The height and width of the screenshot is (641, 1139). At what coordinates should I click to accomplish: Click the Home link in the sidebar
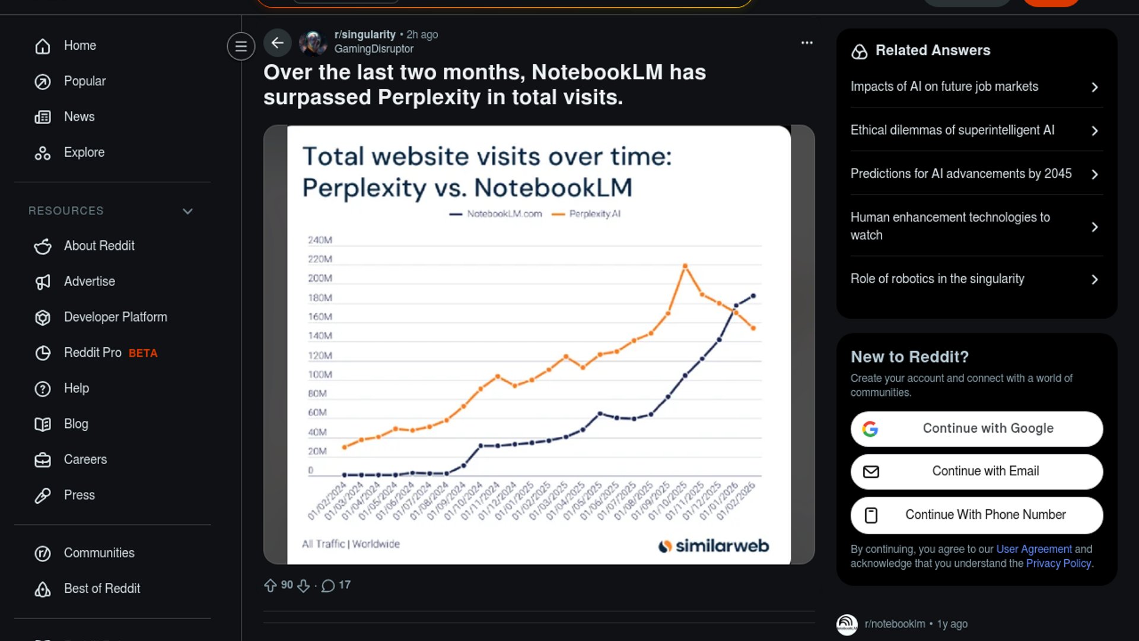79,46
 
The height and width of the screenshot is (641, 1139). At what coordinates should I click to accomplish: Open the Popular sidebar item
84,81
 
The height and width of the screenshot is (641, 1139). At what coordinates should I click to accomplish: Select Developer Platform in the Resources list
115,317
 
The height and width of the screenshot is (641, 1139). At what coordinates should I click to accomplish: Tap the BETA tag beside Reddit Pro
143,353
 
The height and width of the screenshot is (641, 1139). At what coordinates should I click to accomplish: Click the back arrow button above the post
277,43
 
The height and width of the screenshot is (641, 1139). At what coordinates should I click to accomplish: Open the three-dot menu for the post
807,43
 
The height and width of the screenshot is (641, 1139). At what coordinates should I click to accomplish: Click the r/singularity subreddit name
364,34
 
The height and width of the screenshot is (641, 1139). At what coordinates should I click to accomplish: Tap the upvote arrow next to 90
271,585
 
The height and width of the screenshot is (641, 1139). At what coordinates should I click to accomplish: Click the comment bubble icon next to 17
327,586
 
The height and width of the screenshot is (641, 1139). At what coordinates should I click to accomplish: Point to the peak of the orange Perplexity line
685,266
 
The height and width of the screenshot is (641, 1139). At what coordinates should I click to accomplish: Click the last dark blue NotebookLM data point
753,296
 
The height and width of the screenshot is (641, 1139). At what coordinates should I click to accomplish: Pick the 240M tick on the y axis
320,240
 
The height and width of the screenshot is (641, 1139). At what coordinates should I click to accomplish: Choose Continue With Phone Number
976,515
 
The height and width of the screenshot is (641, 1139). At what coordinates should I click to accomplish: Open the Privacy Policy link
1058,563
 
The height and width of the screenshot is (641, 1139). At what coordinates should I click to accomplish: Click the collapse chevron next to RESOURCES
188,211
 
